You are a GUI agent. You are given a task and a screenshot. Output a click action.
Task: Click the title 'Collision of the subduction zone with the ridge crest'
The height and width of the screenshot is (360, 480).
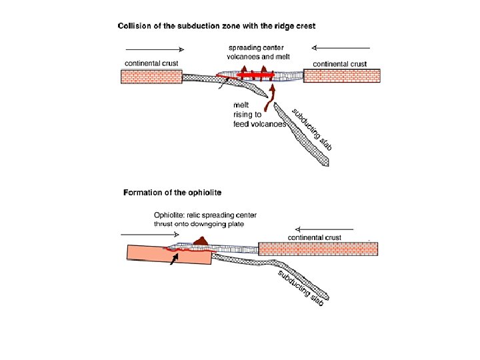tap(217, 26)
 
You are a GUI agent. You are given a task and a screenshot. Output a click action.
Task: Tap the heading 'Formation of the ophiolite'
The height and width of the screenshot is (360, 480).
tap(173, 193)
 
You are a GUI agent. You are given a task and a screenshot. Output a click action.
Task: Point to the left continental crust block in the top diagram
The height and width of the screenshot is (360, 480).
tap(151, 77)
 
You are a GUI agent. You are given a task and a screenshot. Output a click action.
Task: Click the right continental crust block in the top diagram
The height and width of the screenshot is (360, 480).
tap(342, 76)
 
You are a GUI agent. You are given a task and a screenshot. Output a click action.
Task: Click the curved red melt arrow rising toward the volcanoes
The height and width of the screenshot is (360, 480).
tap(271, 99)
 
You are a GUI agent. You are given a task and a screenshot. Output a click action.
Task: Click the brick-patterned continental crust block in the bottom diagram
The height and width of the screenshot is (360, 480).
tap(318, 249)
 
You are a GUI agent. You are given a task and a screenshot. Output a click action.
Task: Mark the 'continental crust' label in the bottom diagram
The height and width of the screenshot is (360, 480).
tap(315, 237)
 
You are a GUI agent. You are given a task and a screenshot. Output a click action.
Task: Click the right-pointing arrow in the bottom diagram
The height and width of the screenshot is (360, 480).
tap(140, 235)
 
